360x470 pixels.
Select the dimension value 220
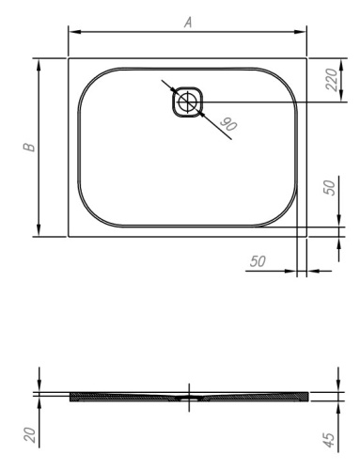[x=332, y=80]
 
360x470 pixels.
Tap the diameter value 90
[x=226, y=123]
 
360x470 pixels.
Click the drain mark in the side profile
[x=189, y=397]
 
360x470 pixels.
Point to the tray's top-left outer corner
[x=69, y=58]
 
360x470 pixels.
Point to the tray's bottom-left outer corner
[x=69, y=237]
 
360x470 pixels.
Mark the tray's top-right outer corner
[x=306, y=58]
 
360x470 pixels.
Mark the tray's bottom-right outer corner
[x=306, y=237]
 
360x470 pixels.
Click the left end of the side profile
[x=71, y=397]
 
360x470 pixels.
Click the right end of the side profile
[x=306, y=397]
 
